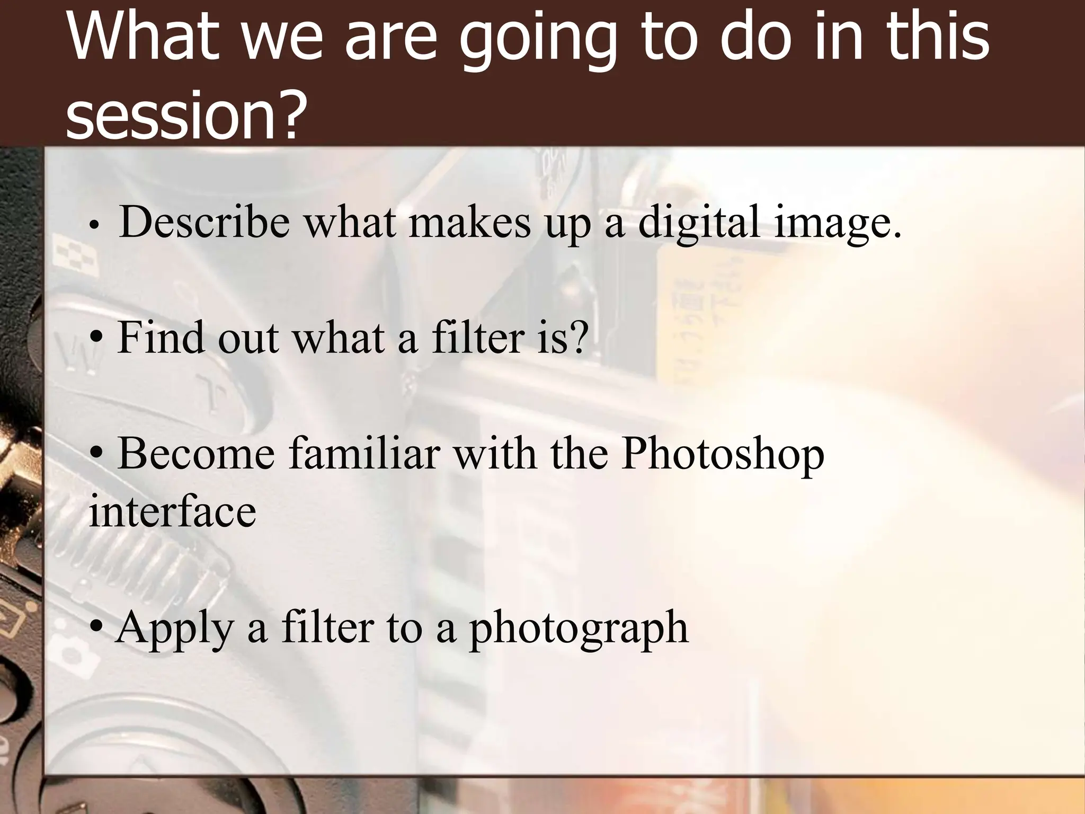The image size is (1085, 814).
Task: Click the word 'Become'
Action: click(197, 454)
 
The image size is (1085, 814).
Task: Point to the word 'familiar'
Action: click(364, 454)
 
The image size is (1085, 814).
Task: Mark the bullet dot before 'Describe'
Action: click(94, 225)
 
